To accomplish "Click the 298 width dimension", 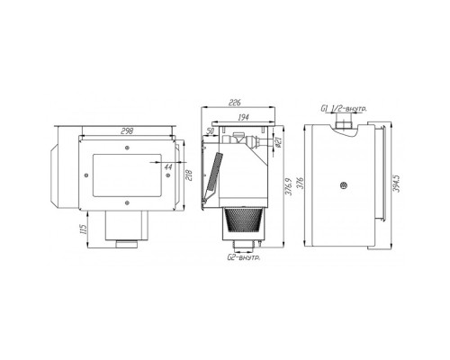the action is [127, 130].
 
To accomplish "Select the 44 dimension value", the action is [168, 166].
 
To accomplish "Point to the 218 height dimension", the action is [189, 175].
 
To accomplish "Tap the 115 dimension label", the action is [84, 229].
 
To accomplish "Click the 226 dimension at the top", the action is [235, 103].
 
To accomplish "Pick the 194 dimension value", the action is [243, 117].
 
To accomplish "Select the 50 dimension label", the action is [211, 130].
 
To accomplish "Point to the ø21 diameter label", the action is [278, 141].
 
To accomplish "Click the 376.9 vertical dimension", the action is [288, 186].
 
